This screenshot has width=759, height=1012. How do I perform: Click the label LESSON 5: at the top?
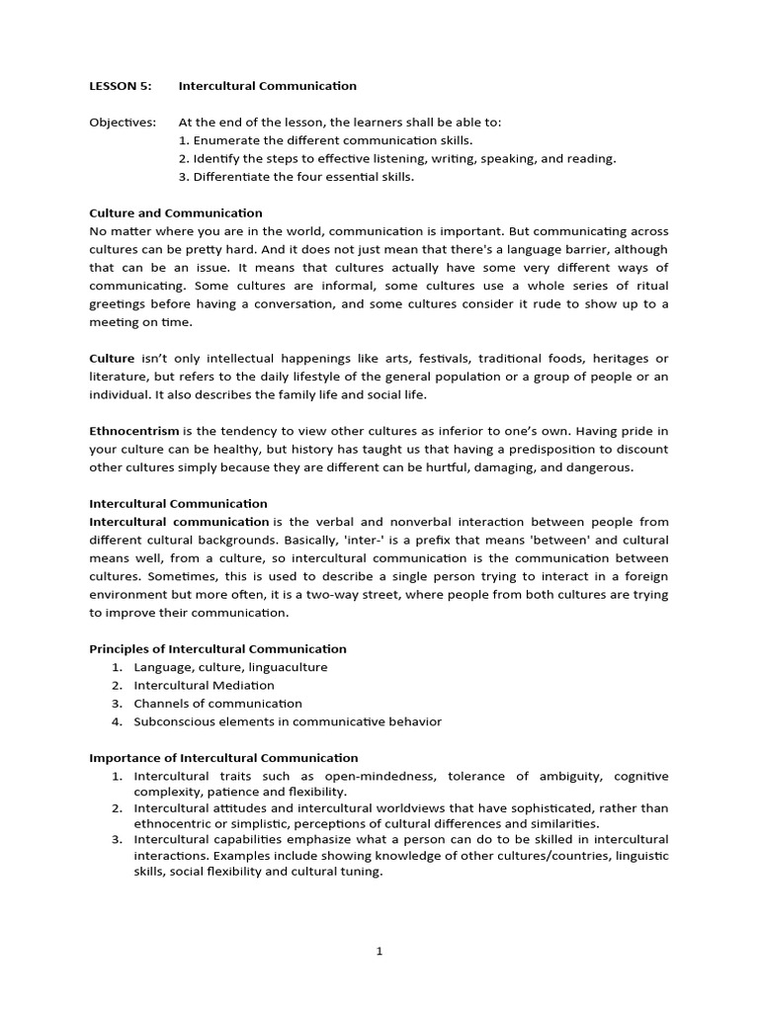pos(121,86)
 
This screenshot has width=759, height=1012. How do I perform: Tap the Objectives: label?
pos(123,123)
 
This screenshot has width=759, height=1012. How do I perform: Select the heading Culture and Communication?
pos(176,212)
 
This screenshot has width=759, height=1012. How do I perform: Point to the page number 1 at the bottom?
pos(379,951)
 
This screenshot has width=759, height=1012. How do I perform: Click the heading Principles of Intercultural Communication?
pos(217,649)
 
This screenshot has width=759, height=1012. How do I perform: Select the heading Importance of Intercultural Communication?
pos(223,758)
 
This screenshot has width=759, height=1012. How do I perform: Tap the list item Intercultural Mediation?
pos(205,685)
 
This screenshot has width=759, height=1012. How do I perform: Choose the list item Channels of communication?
pos(218,704)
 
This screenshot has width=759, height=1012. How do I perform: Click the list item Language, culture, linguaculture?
pos(230,667)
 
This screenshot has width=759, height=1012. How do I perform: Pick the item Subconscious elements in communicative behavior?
pos(288,721)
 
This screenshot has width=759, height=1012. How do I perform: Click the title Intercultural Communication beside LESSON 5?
pos(267,86)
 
